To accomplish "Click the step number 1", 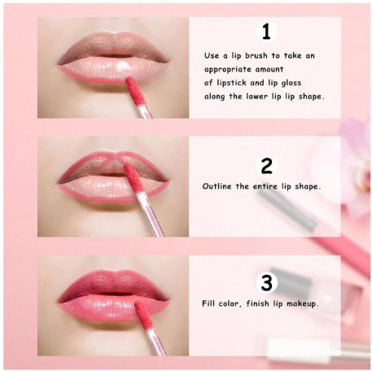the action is pyautogui.click(x=266, y=32).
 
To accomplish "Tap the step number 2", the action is pyautogui.click(x=266, y=166).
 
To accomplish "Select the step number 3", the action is pyautogui.click(x=266, y=282).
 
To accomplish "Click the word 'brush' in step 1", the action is pyautogui.click(x=256, y=55).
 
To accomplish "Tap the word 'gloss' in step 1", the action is pyautogui.click(x=291, y=83).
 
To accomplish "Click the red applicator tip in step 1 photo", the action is pyautogui.click(x=134, y=91).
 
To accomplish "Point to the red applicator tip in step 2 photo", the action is pyautogui.click(x=133, y=178).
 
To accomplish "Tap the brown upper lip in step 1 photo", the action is pyautogui.click(x=112, y=46).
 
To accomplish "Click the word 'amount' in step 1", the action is pyautogui.click(x=269, y=69).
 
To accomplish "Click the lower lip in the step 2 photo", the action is pyautogui.click(x=112, y=189).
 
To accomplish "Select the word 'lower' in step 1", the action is pyautogui.click(x=256, y=97).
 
